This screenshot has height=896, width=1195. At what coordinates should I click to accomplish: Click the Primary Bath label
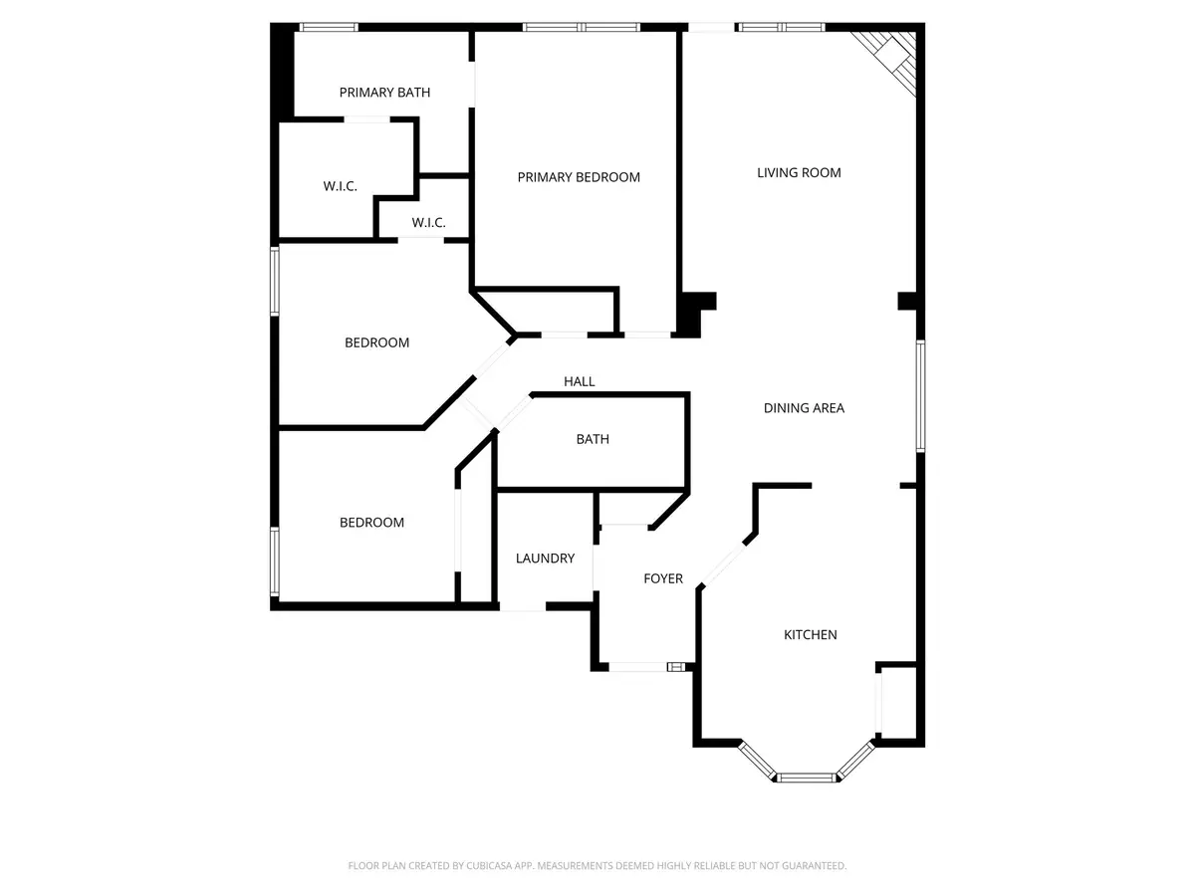click(384, 93)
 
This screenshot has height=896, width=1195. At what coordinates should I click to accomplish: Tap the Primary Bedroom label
click(579, 177)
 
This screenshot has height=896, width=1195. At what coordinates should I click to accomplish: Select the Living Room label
click(799, 172)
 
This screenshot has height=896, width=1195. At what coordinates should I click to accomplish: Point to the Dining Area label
click(804, 407)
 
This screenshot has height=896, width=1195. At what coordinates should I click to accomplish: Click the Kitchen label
click(810, 634)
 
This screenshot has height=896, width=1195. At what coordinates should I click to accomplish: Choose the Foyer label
click(663, 578)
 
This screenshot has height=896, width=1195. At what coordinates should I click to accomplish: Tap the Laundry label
click(545, 559)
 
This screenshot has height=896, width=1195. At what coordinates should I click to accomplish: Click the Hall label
click(580, 381)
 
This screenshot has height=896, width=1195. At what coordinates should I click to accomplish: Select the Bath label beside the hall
click(593, 439)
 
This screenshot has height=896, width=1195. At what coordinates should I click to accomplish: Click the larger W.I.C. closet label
click(340, 186)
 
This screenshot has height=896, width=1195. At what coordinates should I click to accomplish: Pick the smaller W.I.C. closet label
click(426, 222)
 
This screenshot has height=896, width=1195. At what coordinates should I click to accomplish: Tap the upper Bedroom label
click(376, 342)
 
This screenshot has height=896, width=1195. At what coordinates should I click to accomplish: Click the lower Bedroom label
click(371, 523)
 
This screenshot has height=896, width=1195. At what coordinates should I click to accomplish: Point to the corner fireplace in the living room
click(890, 59)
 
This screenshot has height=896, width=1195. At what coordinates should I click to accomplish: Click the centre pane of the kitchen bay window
click(807, 777)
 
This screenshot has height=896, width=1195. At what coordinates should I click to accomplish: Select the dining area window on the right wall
click(921, 395)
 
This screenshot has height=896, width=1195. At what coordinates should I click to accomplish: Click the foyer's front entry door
click(638, 667)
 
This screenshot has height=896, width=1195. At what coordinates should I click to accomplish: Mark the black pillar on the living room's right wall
click(907, 301)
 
